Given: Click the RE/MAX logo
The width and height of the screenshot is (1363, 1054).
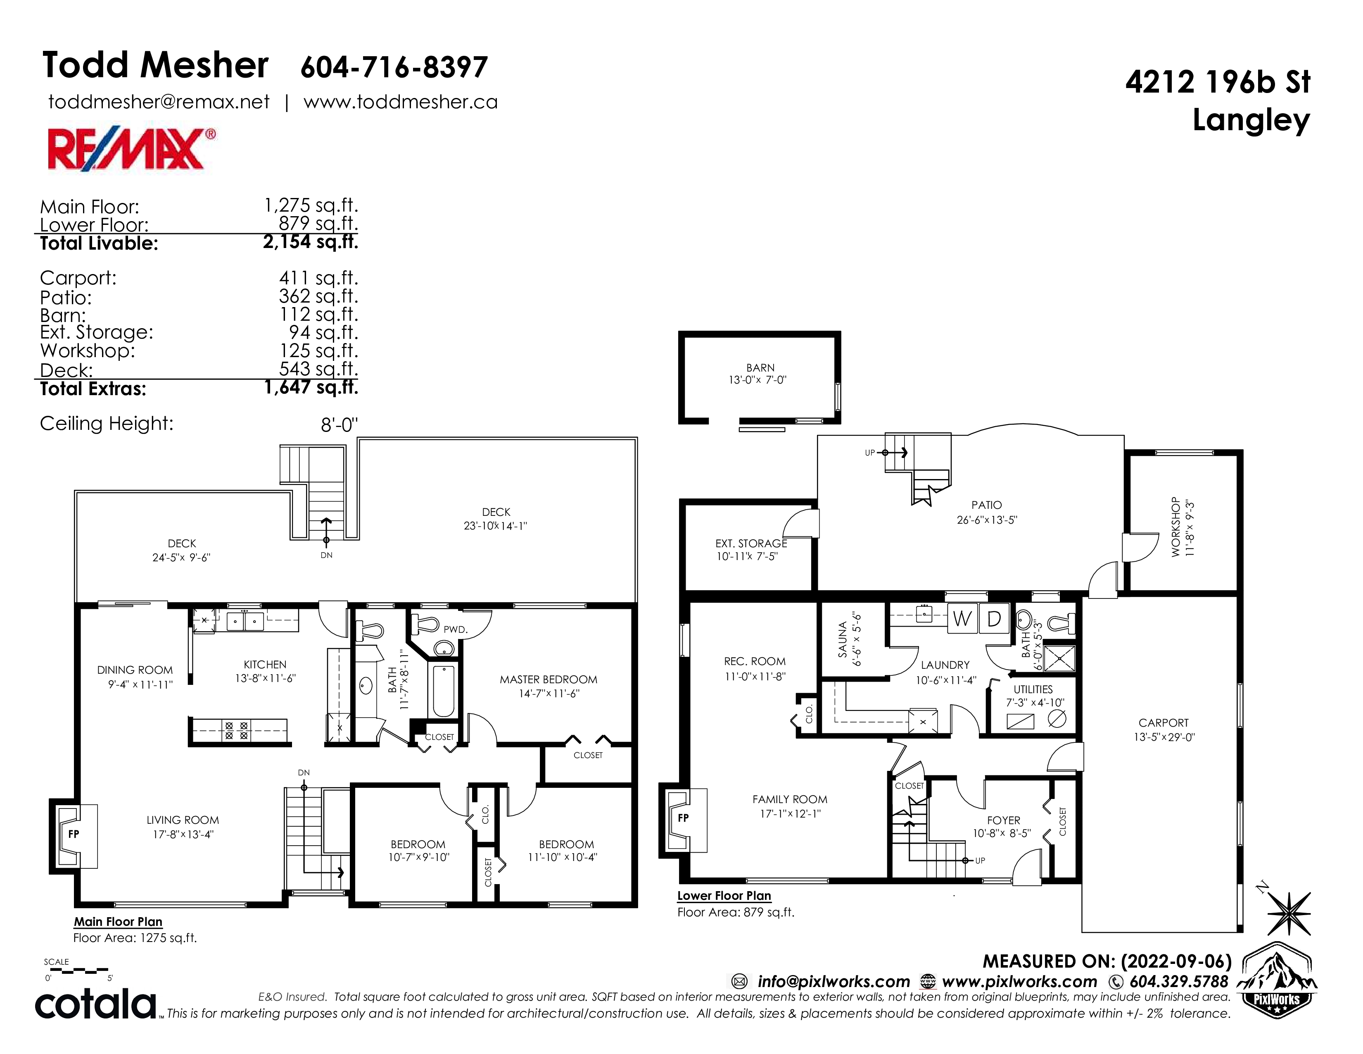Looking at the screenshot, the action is point(132,149).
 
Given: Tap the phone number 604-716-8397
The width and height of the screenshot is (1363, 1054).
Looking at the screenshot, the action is point(394,67).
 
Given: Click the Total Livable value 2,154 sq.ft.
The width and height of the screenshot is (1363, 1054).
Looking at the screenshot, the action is point(311,242).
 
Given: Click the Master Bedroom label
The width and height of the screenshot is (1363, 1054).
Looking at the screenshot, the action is point(549,680).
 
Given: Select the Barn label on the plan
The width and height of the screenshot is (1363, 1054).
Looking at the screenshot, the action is point(760,368).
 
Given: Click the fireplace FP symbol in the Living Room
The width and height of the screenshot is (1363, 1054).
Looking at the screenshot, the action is point(74,834).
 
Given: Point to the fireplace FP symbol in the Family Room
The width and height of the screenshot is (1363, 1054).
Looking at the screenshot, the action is point(684,817).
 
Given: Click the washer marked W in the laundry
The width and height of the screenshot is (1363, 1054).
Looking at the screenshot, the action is point(962,619).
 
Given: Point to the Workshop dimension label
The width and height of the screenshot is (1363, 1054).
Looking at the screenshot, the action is point(1190,528).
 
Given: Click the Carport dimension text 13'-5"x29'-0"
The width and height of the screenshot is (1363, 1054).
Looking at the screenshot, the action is point(1164,737).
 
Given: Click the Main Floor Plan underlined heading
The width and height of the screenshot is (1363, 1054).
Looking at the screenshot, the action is point(118,922).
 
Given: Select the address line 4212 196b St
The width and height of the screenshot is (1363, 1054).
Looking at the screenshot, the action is point(1218,82).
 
